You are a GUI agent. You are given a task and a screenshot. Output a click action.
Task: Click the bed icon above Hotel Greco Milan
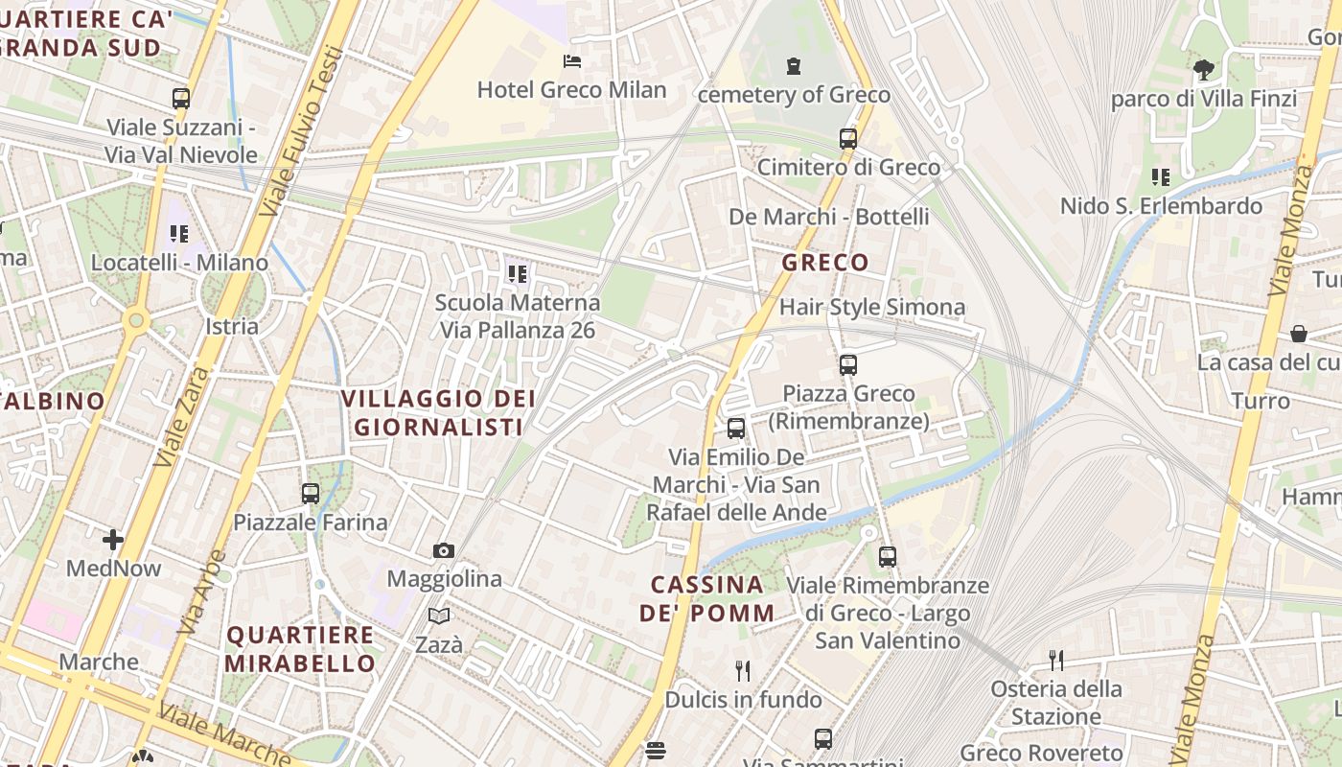(x=572, y=62)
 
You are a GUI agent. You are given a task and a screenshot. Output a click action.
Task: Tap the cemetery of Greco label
(x=794, y=95)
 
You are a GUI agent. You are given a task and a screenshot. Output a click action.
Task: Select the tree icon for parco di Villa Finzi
(x=1203, y=69)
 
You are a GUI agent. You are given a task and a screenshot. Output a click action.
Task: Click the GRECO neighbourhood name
(x=825, y=262)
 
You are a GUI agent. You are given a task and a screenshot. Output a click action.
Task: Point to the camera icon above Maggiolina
(x=443, y=550)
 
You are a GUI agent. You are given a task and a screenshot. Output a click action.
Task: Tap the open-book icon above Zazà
(x=439, y=616)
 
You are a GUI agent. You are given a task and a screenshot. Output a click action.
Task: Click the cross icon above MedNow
(x=113, y=540)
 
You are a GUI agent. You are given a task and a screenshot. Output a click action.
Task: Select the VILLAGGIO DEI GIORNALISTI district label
(x=438, y=413)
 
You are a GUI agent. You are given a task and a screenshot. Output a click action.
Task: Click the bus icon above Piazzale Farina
(x=311, y=494)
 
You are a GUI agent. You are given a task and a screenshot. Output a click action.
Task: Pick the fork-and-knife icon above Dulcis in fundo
(x=742, y=670)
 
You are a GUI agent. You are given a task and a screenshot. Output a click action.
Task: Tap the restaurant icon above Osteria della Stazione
(x=1056, y=660)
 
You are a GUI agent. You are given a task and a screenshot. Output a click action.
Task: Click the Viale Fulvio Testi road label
(x=301, y=130)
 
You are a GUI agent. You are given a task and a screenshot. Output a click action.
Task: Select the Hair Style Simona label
(x=872, y=307)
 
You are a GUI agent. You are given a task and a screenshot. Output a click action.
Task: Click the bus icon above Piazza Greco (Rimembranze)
(x=848, y=365)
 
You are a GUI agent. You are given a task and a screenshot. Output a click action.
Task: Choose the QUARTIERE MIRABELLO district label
(x=301, y=649)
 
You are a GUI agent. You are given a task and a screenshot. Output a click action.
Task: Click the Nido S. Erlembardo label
(x=1161, y=206)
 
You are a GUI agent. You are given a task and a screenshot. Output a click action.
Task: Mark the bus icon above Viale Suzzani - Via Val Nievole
(x=181, y=98)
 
